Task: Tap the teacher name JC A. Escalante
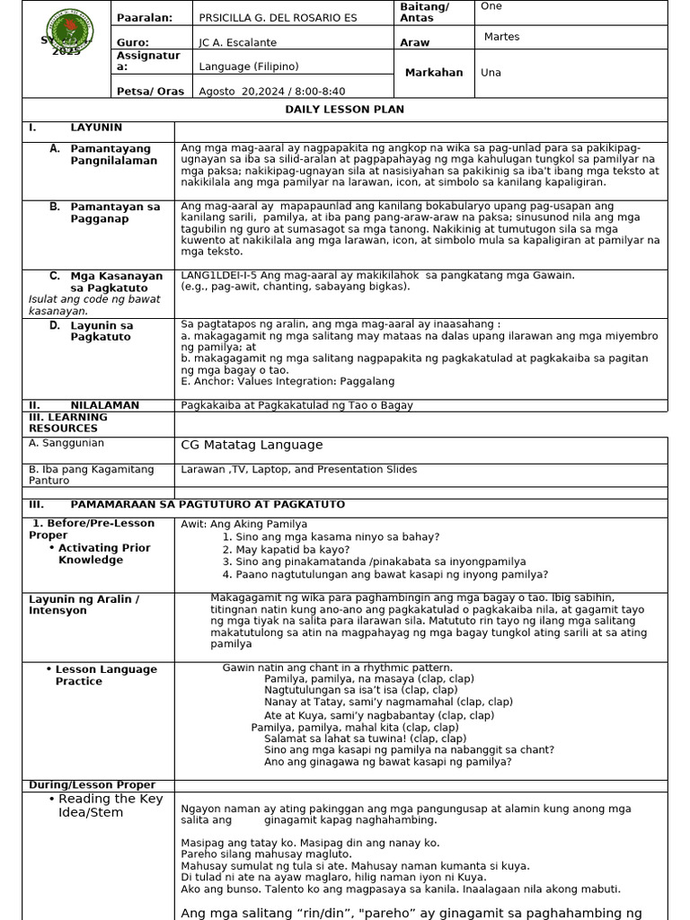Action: click(x=238, y=42)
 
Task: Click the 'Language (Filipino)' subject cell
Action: click(x=249, y=66)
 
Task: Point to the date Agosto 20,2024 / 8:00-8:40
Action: click(x=271, y=91)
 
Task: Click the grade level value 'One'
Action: click(x=491, y=6)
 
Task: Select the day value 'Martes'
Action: click(x=501, y=37)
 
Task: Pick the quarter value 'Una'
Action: click(x=491, y=73)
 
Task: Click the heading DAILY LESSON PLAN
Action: click(x=345, y=110)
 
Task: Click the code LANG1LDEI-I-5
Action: click(x=218, y=275)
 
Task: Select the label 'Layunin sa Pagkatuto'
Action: click(x=102, y=332)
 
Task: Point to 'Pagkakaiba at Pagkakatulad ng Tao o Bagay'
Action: click(x=296, y=405)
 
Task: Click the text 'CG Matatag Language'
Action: click(x=252, y=445)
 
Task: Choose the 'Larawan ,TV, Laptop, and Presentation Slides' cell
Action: click(x=298, y=469)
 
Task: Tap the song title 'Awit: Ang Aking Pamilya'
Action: click(x=243, y=524)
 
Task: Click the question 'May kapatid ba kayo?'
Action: click(x=293, y=549)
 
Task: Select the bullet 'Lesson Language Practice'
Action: click(x=105, y=675)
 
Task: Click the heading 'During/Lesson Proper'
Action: click(x=92, y=784)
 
